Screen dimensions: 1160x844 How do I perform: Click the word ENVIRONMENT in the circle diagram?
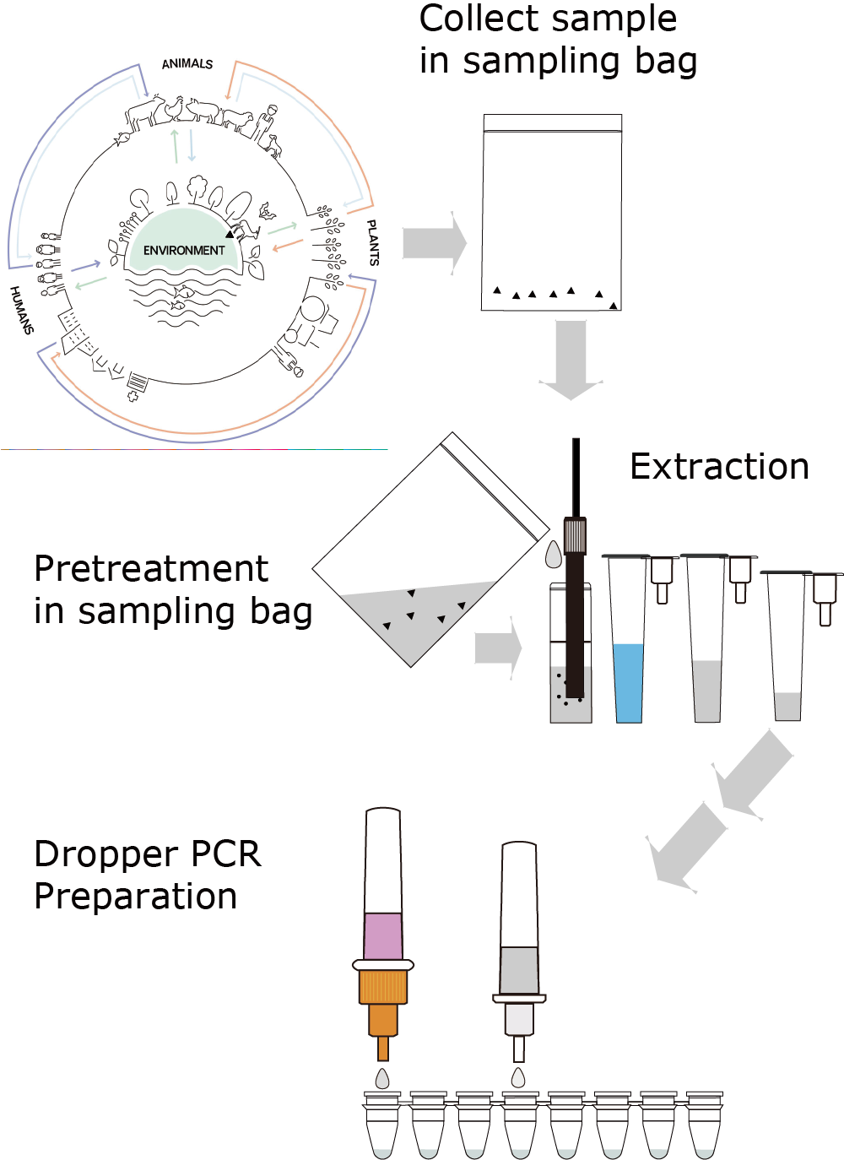click(x=184, y=251)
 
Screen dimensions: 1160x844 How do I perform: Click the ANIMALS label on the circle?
click(x=187, y=63)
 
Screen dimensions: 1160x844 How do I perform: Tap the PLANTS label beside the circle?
click(x=372, y=243)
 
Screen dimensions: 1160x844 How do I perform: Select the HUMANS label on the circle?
click(x=22, y=310)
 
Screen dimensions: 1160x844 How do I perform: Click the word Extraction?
click(x=719, y=467)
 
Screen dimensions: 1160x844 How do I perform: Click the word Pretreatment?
click(x=151, y=569)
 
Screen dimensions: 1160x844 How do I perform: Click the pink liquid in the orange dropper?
click(x=383, y=935)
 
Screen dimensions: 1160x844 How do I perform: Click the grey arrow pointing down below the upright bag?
click(x=571, y=359)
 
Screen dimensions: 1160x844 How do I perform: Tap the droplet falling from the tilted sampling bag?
click(x=554, y=555)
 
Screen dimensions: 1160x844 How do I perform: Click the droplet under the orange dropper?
click(x=383, y=1078)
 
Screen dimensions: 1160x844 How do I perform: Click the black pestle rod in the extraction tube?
click(x=576, y=608)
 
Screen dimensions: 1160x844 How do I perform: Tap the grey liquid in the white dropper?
click(x=519, y=969)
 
